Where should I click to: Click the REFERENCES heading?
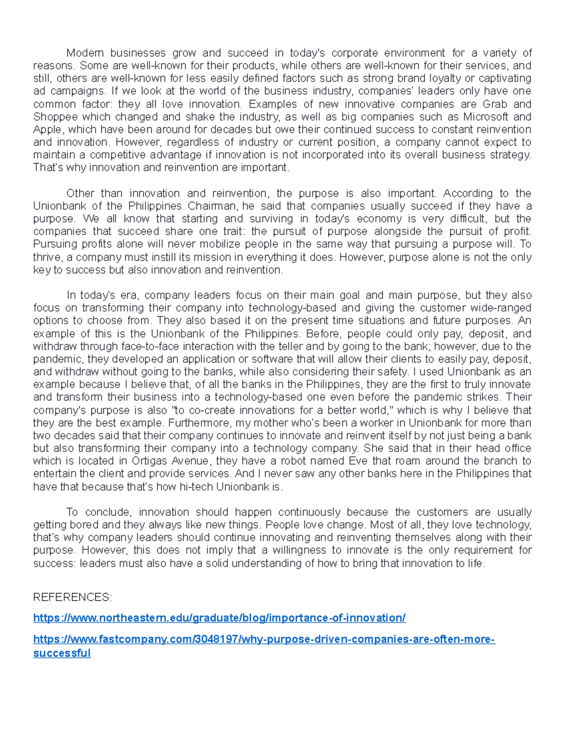click(x=73, y=598)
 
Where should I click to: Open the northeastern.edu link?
click(x=219, y=618)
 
